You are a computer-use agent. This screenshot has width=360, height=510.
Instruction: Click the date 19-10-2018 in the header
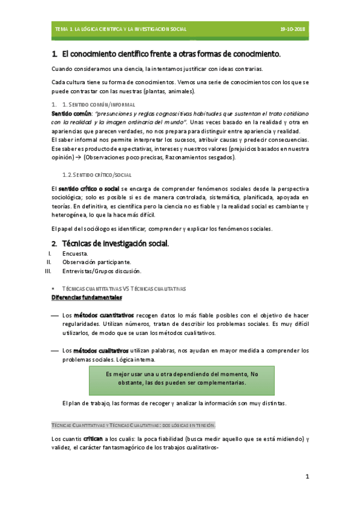tap(293, 29)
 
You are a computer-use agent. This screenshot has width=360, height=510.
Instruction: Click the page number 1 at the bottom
tap(307, 478)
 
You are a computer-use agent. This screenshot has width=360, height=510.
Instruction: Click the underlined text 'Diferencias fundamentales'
tap(87, 298)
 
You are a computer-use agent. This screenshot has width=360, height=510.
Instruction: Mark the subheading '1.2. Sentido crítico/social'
tap(97, 174)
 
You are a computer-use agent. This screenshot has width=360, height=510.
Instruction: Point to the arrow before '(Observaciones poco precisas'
tap(78, 158)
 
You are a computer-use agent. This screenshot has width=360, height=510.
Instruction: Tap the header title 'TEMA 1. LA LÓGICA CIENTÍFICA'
tap(120, 29)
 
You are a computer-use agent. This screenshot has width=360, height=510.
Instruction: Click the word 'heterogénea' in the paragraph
tap(70, 214)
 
